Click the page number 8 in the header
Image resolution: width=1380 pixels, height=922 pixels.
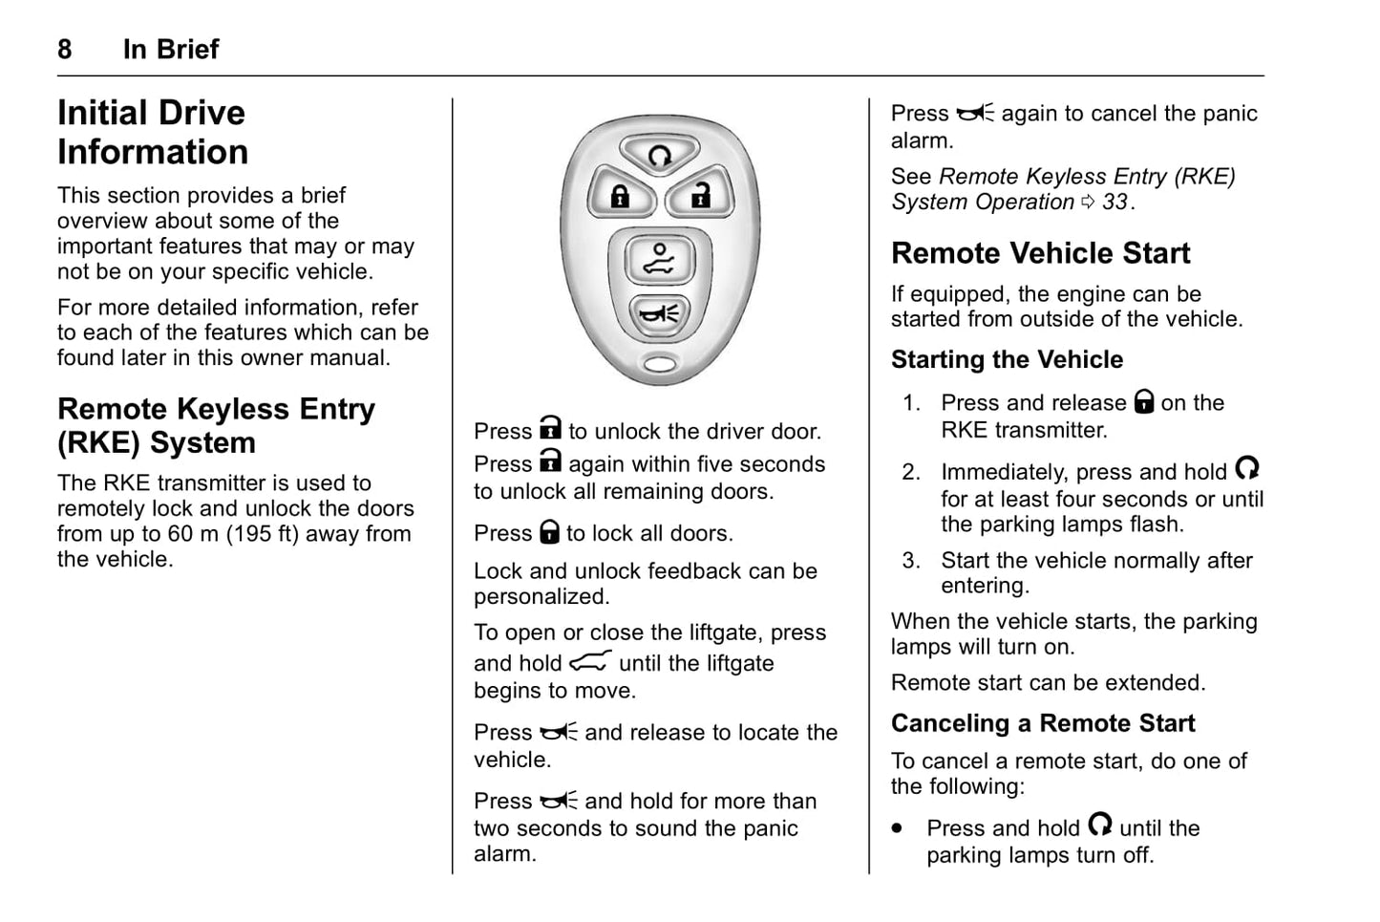(x=65, y=49)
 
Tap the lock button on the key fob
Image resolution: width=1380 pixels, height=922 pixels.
(x=621, y=196)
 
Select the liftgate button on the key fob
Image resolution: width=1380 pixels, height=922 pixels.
(x=659, y=260)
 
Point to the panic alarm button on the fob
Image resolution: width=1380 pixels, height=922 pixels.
(x=659, y=312)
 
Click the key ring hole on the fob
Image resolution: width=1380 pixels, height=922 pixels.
(x=659, y=363)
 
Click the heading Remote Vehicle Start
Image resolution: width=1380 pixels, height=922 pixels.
(x=1040, y=253)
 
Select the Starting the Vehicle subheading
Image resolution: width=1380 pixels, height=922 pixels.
(x=1007, y=359)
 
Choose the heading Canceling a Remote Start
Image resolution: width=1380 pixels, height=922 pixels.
(x=1042, y=723)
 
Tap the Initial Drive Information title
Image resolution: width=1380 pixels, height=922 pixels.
(x=153, y=132)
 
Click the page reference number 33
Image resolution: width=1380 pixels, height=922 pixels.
(x=1115, y=202)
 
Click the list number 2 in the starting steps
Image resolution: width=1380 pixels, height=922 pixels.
(x=911, y=472)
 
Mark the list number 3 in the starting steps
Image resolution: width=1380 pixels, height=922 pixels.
(x=911, y=561)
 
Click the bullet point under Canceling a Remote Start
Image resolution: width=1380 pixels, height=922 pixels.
(x=897, y=828)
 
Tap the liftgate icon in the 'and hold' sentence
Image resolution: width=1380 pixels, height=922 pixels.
(x=590, y=661)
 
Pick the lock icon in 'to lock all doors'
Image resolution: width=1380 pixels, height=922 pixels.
(x=549, y=532)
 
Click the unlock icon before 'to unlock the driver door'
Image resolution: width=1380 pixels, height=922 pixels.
(x=550, y=428)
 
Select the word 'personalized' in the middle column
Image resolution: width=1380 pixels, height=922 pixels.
(x=541, y=597)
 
